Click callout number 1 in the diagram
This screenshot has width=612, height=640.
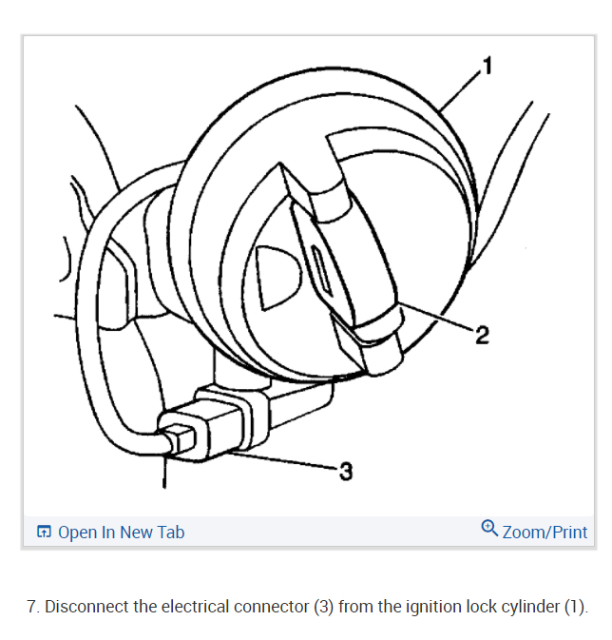[x=488, y=66]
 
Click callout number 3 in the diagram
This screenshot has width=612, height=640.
[x=346, y=471]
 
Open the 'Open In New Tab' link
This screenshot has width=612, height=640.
[x=121, y=533]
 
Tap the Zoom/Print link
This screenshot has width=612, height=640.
[x=545, y=533]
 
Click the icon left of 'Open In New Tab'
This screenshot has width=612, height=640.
[x=44, y=533]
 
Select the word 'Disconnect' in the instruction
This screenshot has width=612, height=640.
[x=86, y=607]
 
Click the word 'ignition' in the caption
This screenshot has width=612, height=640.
[x=445, y=607]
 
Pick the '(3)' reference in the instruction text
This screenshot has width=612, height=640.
[x=324, y=607]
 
